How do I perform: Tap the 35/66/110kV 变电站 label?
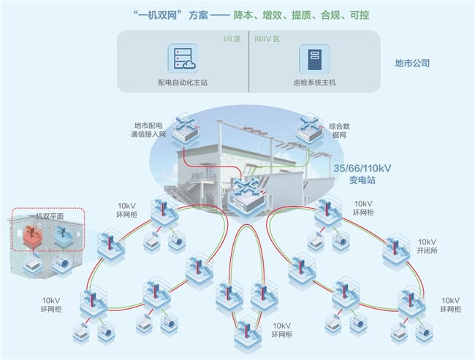pos(362,175)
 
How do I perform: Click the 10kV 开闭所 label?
pos(427,246)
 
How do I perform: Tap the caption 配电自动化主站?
pos(182,83)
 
